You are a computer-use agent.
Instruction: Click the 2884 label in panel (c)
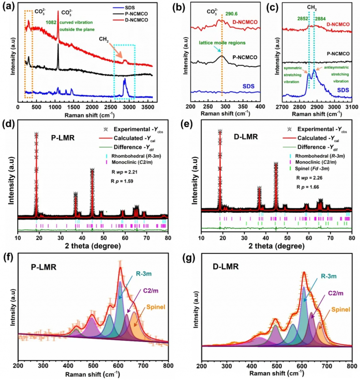click(321, 19)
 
